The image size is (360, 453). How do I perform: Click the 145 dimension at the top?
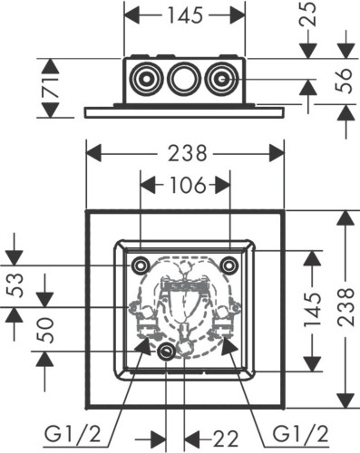(185, 15)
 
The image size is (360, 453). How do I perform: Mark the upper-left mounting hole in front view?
(141, 265)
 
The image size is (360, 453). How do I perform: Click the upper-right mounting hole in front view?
(230, 265)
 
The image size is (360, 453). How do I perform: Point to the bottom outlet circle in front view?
(167, 352)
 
